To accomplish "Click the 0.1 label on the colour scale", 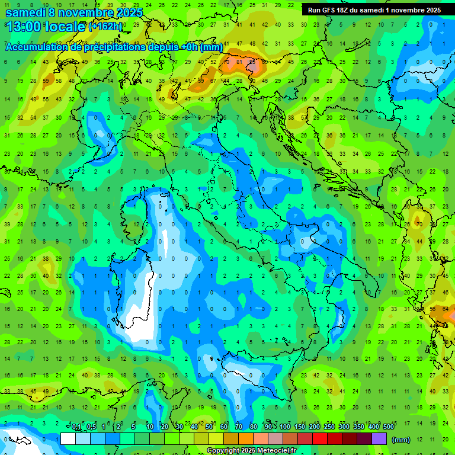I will [x=77, y=427].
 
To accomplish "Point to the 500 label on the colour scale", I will [x=389, y=427].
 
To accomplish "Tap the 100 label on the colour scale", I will [x=285, y=427].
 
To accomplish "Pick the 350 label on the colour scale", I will [x=359, y=427].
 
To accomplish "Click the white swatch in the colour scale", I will [x=68, y=438].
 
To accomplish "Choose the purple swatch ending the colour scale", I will [x=379, y=438].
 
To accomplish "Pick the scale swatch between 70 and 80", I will [x=246, y=438].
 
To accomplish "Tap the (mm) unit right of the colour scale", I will [x=401, y=440].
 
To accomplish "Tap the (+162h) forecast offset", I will [x=105, y=27].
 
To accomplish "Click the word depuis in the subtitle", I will [x=167, y=47].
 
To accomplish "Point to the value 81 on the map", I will [x=240, y=62].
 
